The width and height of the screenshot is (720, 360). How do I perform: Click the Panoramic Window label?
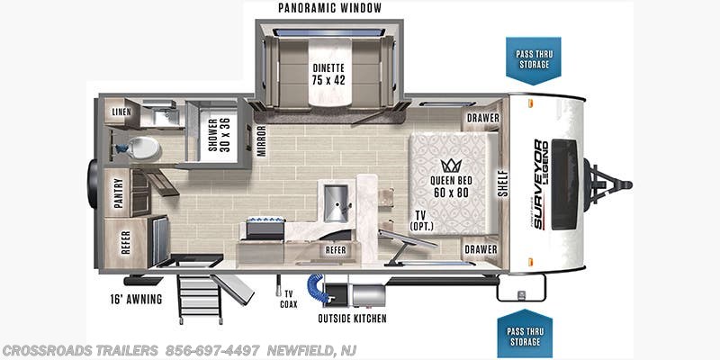pyautogui.click(x=329, y=8)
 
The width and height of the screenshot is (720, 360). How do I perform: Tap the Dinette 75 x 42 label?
pyautogui.click(x=328, y=73)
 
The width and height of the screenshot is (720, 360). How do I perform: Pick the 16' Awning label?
pyautogui.click(x=131, y=299)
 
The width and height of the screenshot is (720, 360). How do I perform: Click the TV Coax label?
pyautogui.click(x=289, y=298)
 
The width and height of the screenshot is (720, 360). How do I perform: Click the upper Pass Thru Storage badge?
pyautogui.click(x=533, y=59)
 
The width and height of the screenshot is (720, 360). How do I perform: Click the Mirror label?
pyautogui.click(x=261, y=140)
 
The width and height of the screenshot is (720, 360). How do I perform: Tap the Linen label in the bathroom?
pyautogui.click(x=121, y=112)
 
